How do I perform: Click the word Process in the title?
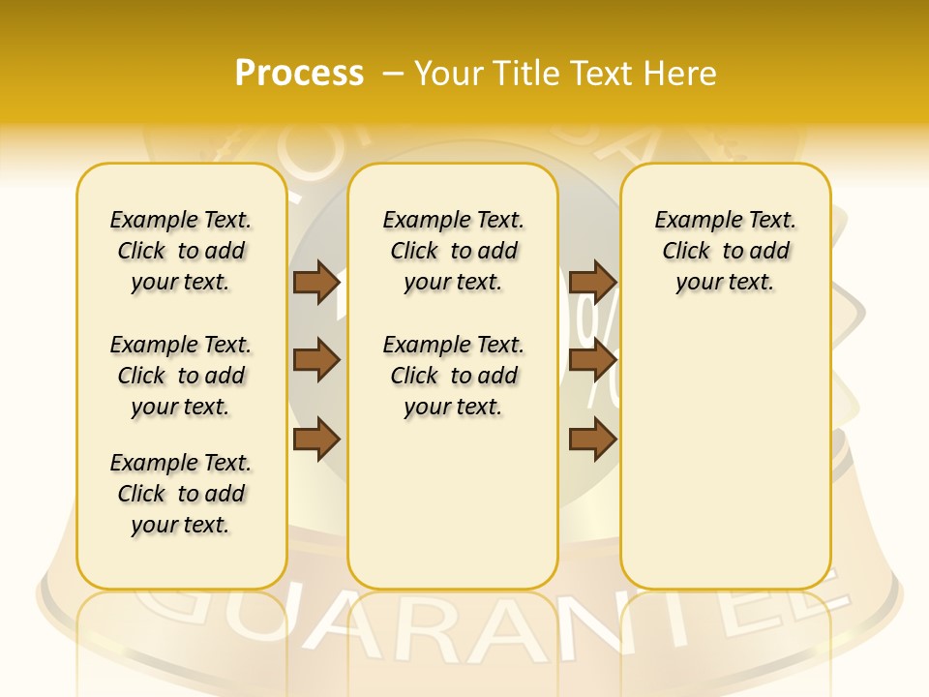(x=298, y=73)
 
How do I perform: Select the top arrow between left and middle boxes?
(x=315, y=283)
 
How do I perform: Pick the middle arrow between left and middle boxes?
(x=315, y=361)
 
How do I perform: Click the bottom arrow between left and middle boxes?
(x=315, y=439)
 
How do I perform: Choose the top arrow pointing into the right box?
(x=592, y=283)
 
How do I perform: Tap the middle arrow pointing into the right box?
(x=592, y=361)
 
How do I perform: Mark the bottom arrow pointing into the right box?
(x=592, y=439)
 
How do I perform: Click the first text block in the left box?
(x=181, y=251)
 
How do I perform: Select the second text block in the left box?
(x=181, y=376)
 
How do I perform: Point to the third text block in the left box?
(x=181, y=494)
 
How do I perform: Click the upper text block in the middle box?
(x=453, y=251)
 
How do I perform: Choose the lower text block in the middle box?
(x=453, y=376)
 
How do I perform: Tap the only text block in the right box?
(x=725, y=251)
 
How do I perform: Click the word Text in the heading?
(x=600, y=73)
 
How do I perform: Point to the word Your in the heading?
(x=447, y=73)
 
